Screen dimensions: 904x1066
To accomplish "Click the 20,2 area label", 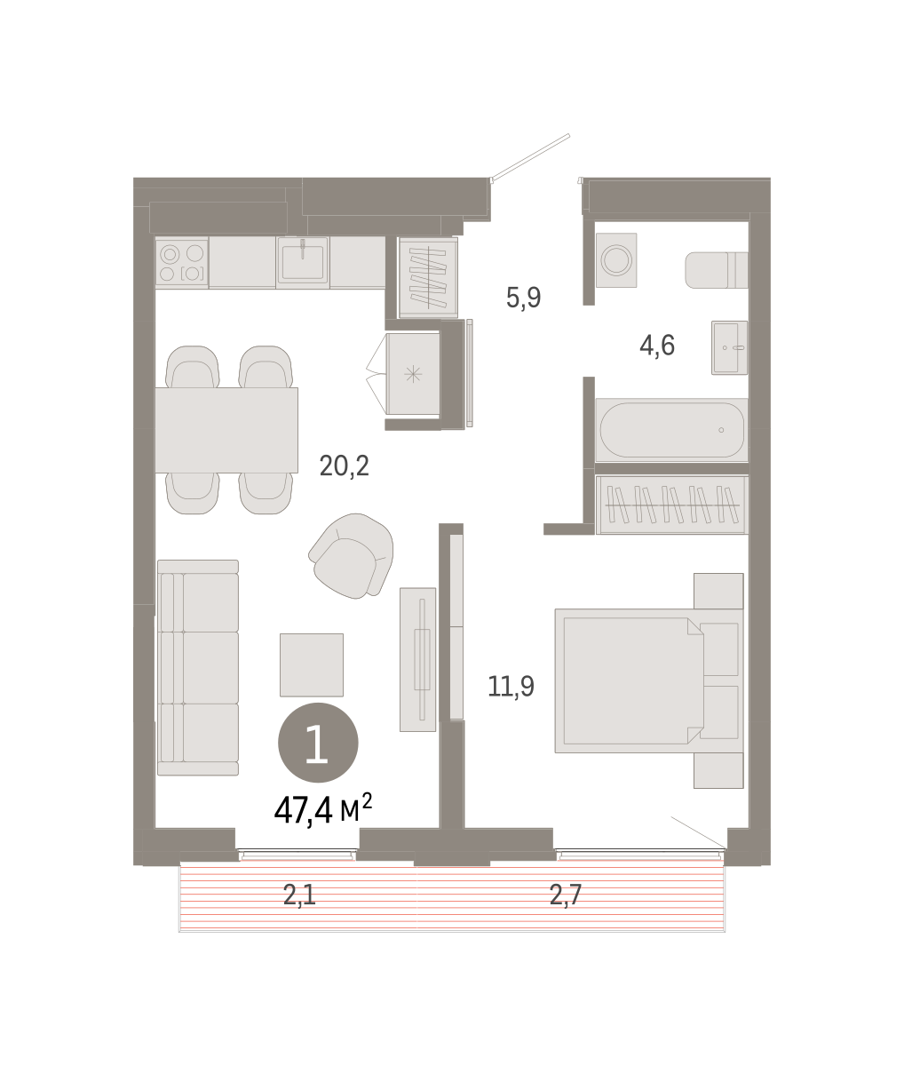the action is (x=344, y=466).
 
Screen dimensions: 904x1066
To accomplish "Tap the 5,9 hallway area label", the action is (x=523, y=298).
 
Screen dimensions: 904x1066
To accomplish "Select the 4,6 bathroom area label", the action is (x=656, y=345).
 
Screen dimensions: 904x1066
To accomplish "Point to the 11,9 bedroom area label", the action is (x=511, y=687).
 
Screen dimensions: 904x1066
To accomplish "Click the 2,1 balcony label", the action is (x=299, y=895).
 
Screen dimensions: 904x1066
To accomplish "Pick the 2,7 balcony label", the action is (x=565, y=895).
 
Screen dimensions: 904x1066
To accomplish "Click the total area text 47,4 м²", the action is (x=323, y=810).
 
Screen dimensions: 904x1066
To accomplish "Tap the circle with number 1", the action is (x=318, y=743).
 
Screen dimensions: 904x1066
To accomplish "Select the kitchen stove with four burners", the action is (x=181, y=262).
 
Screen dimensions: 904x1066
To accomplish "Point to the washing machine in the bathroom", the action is (x=616, y=260).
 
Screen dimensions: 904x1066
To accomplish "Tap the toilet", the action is (x=717, y=270).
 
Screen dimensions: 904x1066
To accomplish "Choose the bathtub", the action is (x=671, y=430).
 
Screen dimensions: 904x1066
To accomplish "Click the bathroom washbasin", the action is (x=729, y=347).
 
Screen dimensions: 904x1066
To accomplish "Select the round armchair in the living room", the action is (x=352, y=555).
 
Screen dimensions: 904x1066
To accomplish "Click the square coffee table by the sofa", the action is (x=312, y=664).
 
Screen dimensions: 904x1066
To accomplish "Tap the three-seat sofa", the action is (x=198, y=667).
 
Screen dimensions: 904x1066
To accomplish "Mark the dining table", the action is (x=226, y=430).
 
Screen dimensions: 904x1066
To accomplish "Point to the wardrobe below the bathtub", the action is (x=672, y=505).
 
